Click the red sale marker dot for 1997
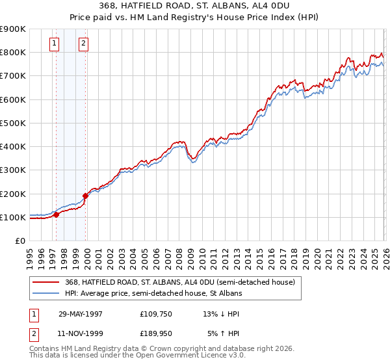[56, 214]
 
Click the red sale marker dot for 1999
[85, 195]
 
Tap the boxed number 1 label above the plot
[54, 44]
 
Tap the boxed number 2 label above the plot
[84, 44]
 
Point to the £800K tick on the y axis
[13, 52]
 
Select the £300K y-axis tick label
[13, 170]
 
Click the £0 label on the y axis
[19, 241]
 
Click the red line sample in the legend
[47, 282]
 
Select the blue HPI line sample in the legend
[47, 293]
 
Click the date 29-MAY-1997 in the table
[80, 313]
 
